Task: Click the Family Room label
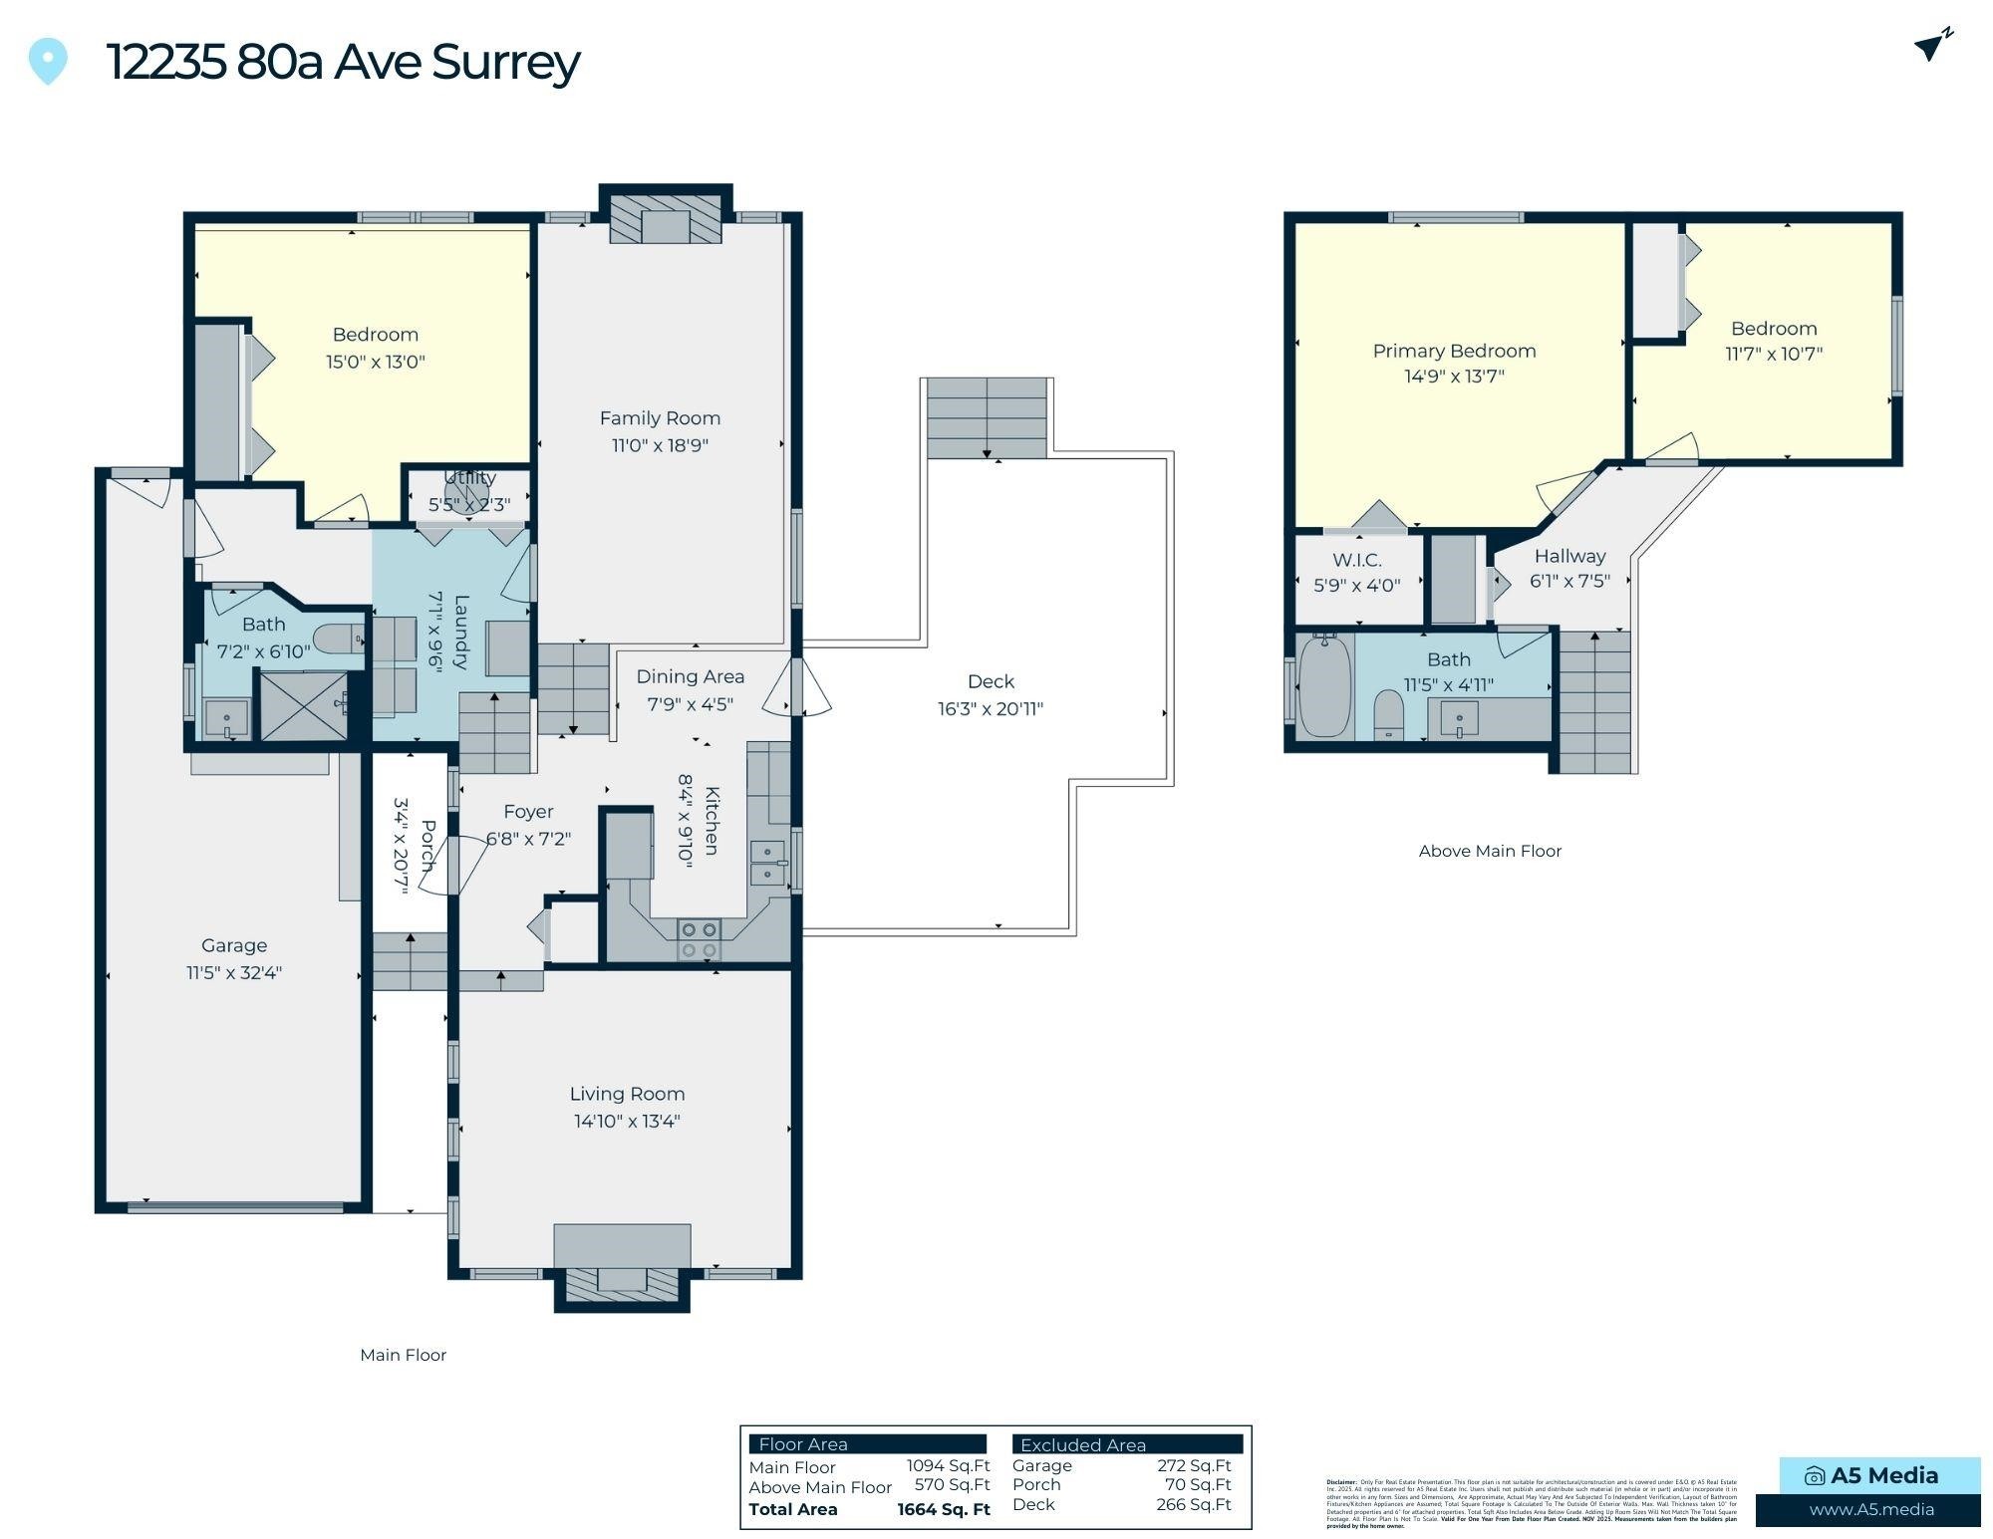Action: (660, 418)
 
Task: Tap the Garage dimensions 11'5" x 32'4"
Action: (234, 972)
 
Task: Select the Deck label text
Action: (991, 681)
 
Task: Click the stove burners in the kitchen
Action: (698, 939)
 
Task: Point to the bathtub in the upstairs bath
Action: (1325, 687)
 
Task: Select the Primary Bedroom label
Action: (1454, 351)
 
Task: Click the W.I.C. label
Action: (1356, 560)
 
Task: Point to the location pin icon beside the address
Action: (48, 61)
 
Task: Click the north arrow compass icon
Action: (1932, 45)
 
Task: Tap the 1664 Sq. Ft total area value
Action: (943, 1509)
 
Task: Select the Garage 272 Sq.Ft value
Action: (1194, 1465)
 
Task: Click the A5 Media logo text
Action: (1883, 1475)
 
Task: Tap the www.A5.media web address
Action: (1871, 1509)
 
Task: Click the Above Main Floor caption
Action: (1490, 851)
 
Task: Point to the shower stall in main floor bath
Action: (303, 705)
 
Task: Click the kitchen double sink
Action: (767, 863)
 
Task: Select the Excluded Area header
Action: (1082, 1444)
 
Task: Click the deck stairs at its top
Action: (987, 418)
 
